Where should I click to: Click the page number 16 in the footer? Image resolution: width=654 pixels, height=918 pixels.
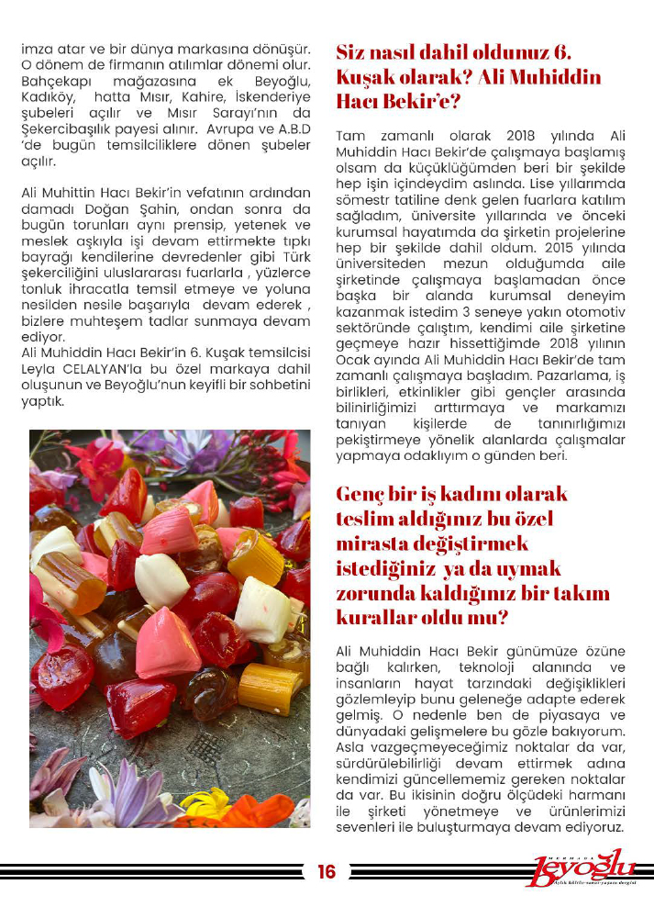327,872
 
